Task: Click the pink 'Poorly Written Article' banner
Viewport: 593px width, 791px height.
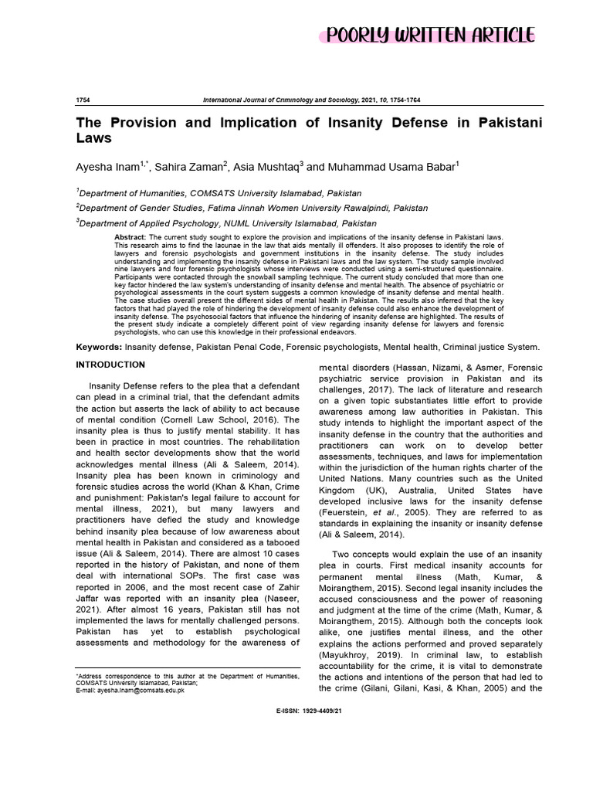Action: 429,35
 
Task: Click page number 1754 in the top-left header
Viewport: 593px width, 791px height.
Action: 82,101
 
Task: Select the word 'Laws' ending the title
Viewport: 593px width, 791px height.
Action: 93,140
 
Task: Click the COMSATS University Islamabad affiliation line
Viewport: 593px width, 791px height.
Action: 219,193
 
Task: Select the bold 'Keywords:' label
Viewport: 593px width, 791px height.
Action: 99,348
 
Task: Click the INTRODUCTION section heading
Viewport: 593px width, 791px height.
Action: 110,364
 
